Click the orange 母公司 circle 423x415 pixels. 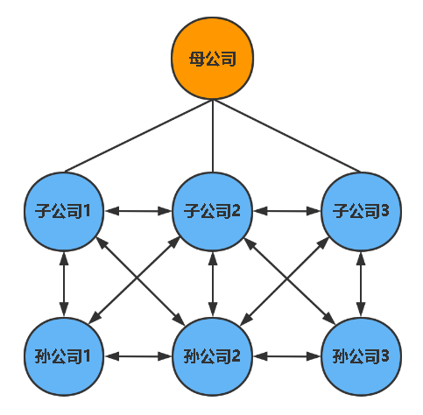point(212,58)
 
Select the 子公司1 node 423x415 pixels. point(64,211)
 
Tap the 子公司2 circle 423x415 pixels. point(213,211)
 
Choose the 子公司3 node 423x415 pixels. point(361,211)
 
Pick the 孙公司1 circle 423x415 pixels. point(64,356)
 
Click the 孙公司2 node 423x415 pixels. point(213,356)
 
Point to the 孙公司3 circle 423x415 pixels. point(361,356)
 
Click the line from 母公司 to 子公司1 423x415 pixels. point(138,136)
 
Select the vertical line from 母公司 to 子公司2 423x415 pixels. point(213,136)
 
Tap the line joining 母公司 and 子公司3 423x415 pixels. point(287,136)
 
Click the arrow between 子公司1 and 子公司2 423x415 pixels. point(138,211)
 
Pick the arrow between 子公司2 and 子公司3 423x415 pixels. point(286,211)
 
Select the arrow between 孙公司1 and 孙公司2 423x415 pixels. point(138,356)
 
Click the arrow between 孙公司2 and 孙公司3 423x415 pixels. point(286,356)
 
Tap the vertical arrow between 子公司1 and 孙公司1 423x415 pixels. point(64,284)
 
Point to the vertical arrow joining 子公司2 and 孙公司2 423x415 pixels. point(213,284)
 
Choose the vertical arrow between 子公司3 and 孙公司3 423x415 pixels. point(361,284)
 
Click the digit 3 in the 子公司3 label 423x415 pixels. point(384,210)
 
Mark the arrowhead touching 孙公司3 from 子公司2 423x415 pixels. point(329,319)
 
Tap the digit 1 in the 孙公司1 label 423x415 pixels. point(87,356)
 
